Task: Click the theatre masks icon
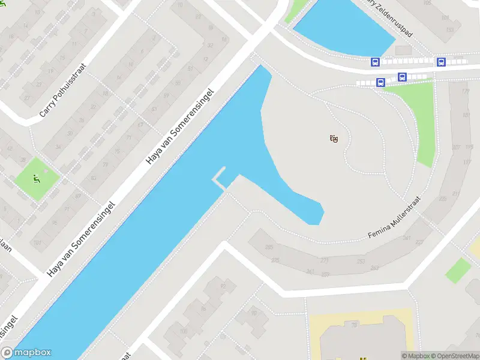click(x=334, y=139)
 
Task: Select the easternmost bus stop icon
click(x=441, y=62)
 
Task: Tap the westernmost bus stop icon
click(x=375, y=62)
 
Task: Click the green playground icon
click(x=37, y=178)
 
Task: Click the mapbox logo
click(x=26, y=353)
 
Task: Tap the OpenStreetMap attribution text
click(x=454, y=356)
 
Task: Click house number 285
click(x=269, y=247)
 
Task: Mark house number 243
click(x=375, y=268)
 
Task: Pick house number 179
click(x=465, y=92)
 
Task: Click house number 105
click(x=443, y=3)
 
